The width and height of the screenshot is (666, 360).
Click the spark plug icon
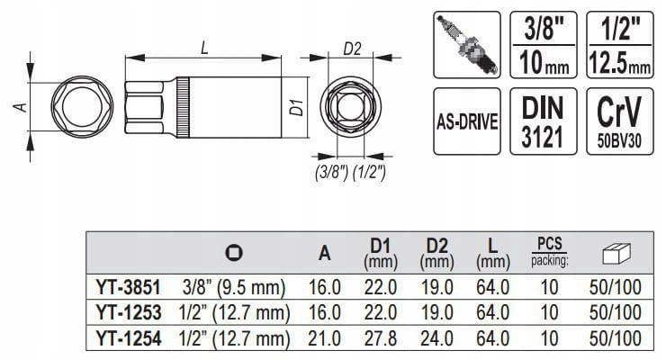pos(467,45)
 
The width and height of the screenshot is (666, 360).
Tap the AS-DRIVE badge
pos(467,121)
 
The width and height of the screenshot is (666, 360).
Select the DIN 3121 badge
pos(544,121)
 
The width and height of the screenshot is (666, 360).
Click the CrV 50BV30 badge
pos(620,121)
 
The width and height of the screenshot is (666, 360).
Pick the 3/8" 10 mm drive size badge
pos(544,45)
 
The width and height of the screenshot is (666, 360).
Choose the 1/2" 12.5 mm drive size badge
pos(620,45)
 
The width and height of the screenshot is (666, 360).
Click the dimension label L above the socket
pos(204,48)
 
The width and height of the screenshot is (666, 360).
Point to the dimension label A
pos(21,106)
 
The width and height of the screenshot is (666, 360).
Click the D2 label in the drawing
pos(352,49)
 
